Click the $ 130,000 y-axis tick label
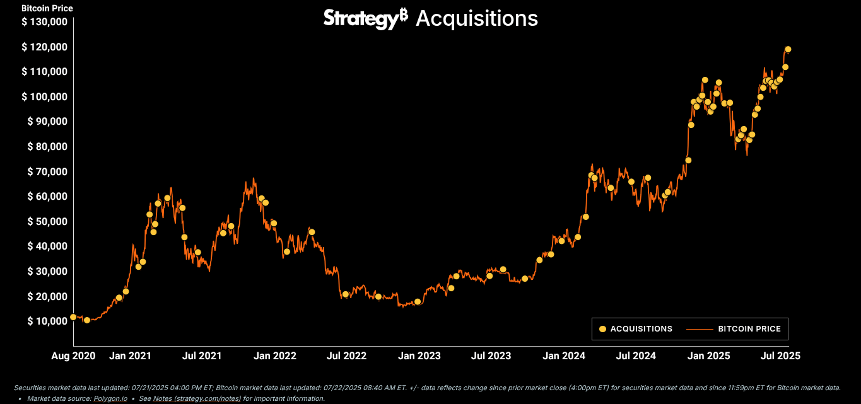coord(44,22)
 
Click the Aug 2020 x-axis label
coord(73,355)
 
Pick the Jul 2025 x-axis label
coord(780,355)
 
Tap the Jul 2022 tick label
coord(346,355)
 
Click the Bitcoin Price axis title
coord(47,9)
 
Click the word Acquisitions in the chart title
coord(477,18)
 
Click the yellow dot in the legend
coord(602,329)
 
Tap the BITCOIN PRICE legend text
coord(749,329)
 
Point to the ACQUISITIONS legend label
coord(641,329)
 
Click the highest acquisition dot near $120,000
coord(788,49)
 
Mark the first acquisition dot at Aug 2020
coord(73,317)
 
